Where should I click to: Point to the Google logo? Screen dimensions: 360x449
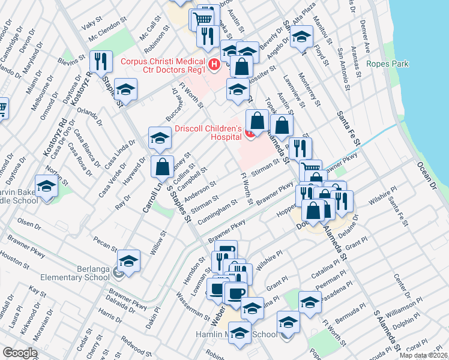19,353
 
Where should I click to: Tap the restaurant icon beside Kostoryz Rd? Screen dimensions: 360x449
100,61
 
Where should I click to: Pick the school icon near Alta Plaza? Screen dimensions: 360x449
301,35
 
